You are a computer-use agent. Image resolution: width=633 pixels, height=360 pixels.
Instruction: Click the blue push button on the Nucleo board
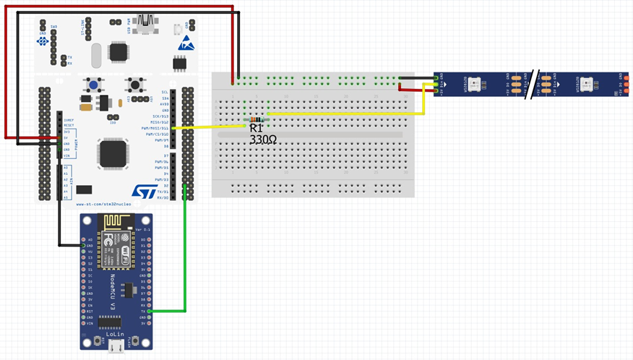[x=93, y=85]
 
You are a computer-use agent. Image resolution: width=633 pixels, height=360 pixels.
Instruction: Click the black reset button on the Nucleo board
[x=134, y=85]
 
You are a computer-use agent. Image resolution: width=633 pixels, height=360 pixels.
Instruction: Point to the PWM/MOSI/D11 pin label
[x=155, y=129]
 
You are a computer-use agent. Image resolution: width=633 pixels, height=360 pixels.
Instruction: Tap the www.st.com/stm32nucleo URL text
[x=108, y=205]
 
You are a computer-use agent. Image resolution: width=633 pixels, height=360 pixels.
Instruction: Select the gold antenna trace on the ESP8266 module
[x=118, y=223]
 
